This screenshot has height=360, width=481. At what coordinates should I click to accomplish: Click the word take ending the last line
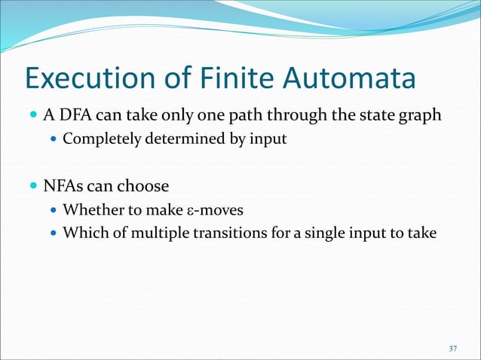(421, 233)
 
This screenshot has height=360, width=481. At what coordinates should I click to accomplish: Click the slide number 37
(452, 348)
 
